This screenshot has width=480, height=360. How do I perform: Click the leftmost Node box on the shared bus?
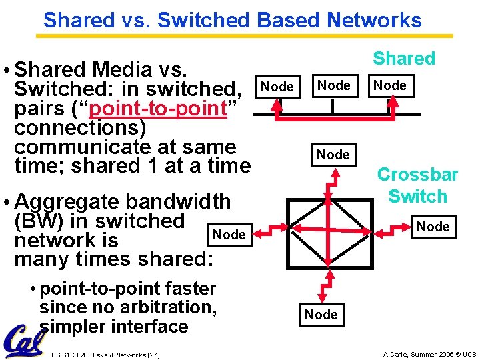pos(277,87)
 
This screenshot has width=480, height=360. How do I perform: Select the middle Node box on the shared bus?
pos(333,85)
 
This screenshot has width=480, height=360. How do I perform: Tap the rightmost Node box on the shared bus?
pos(390,85)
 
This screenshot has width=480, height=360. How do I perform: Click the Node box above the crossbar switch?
pos(333,155)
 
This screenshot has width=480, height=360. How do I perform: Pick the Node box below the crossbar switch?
pos(321,315)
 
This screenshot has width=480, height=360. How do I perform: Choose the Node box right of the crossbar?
pos(433,227)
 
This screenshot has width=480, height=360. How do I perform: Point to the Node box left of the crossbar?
pos(229,234)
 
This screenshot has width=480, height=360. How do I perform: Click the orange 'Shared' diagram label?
pos(404,59)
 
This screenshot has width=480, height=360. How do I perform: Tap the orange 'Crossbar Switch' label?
pos(418,185)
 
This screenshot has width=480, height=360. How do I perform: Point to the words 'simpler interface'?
pos(114,327)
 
